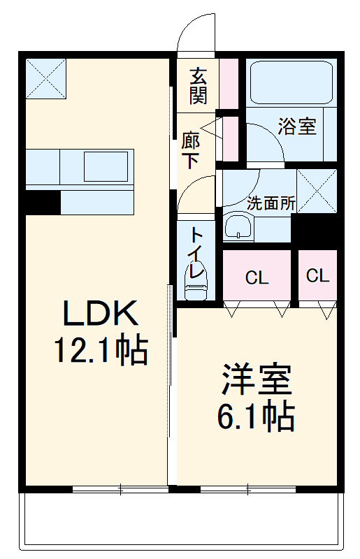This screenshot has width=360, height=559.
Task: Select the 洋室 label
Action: coord(256,381)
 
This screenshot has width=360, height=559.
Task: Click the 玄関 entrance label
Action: coord(198,85)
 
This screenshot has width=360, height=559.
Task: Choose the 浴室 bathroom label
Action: coord(297,127)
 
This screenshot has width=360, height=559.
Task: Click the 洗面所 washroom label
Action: coord(271,203)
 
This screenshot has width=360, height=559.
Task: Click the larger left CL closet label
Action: coord(257,278)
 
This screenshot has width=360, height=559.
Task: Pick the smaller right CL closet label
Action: coord(317,275)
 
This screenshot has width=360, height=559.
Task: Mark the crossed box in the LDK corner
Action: coord(46,78)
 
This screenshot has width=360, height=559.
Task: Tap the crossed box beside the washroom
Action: coord(316,190)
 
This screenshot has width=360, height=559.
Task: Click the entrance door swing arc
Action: coord(194,31)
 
